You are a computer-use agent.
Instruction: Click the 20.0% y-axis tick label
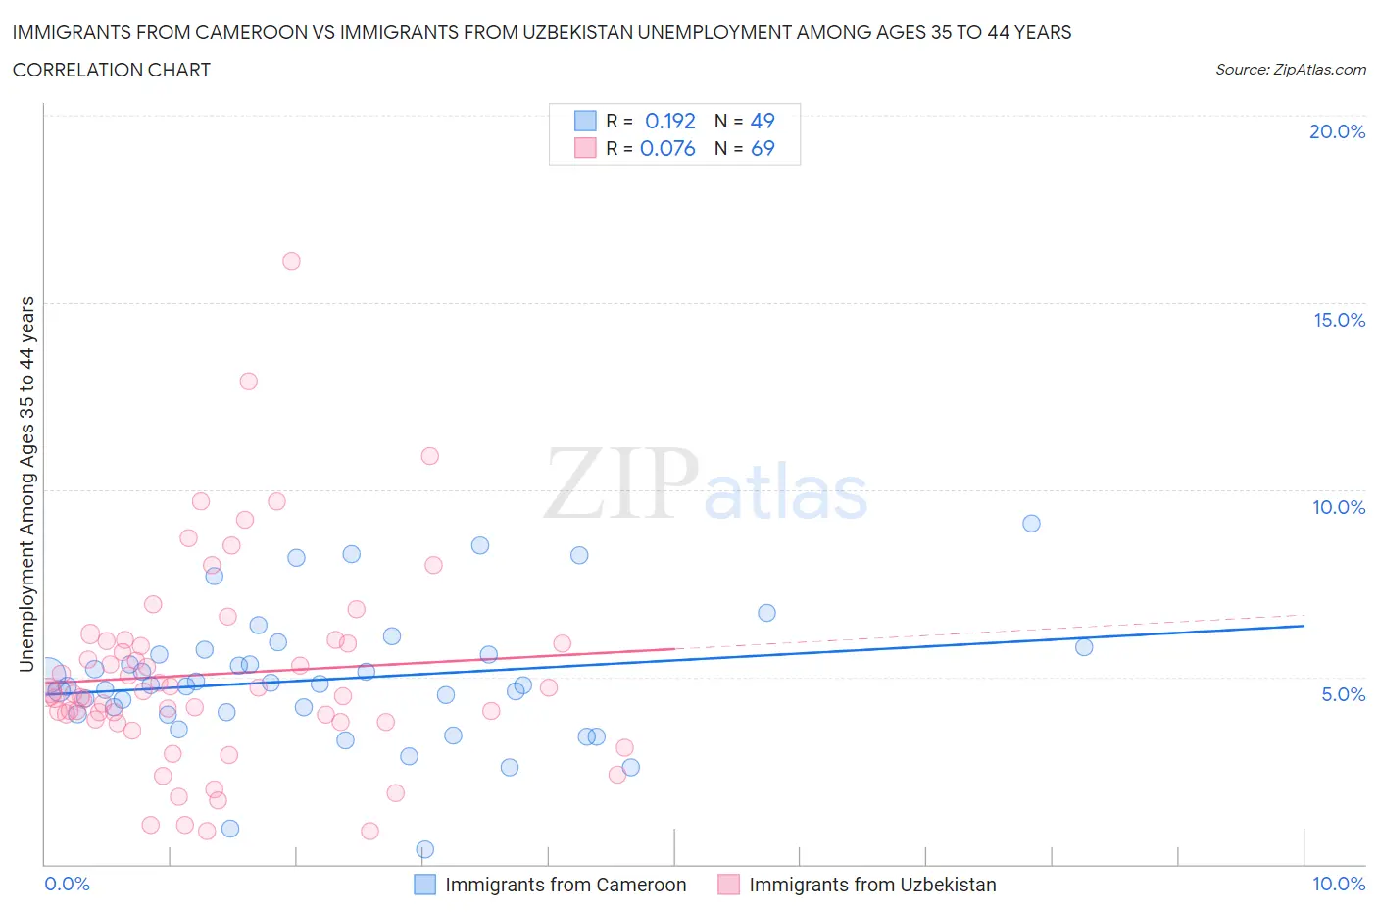pos(1337,131)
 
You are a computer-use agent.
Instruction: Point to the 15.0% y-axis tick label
pos(1339,320)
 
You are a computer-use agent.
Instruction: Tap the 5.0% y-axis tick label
pos(1343,694)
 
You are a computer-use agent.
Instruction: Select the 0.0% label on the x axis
pos(67,884)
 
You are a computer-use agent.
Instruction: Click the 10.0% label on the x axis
pos(1339,884)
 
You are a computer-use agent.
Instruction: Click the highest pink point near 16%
pos(291,261)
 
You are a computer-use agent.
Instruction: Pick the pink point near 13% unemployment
pos(249,381)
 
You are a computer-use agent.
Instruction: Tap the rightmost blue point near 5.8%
pos(1084,647)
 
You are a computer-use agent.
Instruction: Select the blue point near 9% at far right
pos(1031,524)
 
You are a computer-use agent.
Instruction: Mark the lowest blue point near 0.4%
pos(425,849)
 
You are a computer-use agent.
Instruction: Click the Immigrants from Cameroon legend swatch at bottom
pos(424,885)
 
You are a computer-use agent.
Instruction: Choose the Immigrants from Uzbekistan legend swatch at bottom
pos(728,885)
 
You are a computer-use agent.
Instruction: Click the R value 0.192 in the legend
pos(669,121)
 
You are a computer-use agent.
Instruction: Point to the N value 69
pos(763,148)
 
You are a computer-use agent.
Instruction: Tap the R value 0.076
pos(667,148)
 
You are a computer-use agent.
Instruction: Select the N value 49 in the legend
pos(763,121)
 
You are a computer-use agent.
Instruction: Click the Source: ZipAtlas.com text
pos(1291,70)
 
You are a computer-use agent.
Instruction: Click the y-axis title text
pos(26,484)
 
